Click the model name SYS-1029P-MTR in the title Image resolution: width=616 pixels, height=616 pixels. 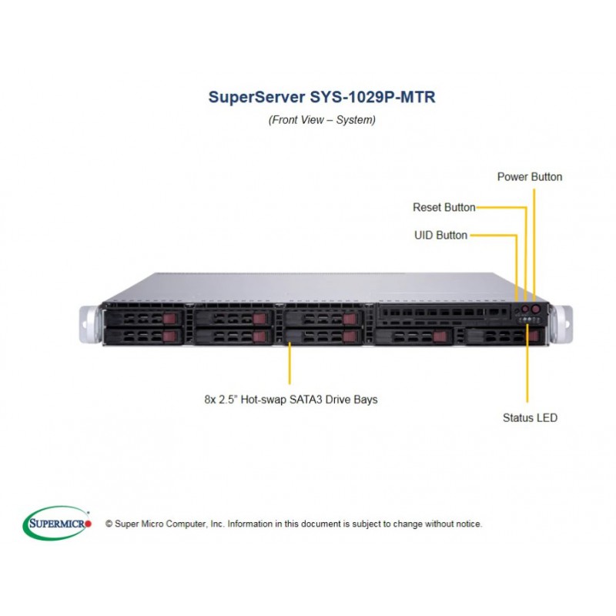click(372, 97)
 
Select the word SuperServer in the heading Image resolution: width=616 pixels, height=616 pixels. click(256, 98)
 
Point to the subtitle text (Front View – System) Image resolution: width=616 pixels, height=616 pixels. click(322, 119)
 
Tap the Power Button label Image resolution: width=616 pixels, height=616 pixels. click(529, 177)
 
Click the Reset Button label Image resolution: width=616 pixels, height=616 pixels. click(444, 207)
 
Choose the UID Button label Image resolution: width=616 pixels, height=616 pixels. click(440, 235)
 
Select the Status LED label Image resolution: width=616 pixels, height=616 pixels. click(530, 417)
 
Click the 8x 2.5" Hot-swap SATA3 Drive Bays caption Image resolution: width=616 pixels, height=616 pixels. click(291, 400)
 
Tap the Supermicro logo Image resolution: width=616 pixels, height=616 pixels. click(57, 523)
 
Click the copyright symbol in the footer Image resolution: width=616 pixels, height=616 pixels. click(109, 524)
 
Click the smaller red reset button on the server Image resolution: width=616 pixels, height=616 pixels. click(526, 308)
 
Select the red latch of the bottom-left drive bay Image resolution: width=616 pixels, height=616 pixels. click(169, 336)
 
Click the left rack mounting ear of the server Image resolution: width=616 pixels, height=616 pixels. click(89, 324)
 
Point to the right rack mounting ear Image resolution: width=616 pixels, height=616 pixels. click(561, 323)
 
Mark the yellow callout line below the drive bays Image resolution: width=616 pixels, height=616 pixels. click(290, 363)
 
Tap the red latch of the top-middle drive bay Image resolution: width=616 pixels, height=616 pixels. click(259, 318)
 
